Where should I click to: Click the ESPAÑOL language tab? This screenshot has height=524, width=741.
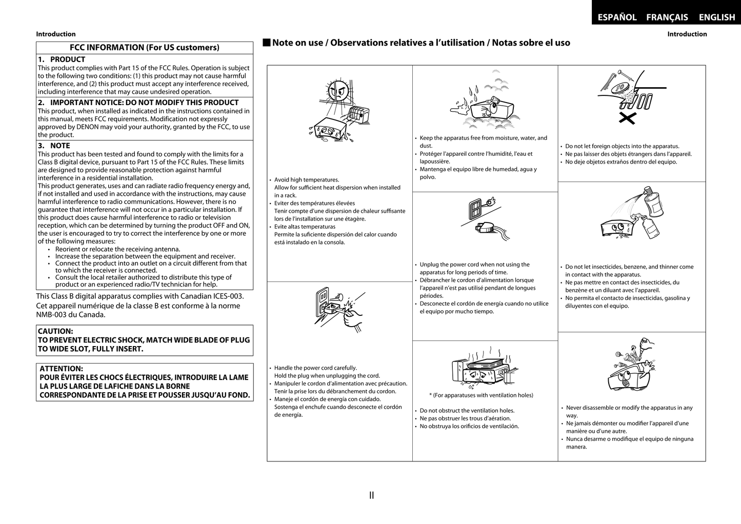[x=617, y=17]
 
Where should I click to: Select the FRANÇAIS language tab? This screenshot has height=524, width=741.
[x=667, y=17]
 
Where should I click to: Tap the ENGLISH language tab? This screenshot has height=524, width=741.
[x=716, y=17]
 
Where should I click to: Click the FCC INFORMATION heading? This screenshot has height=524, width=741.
[x=144, y=48]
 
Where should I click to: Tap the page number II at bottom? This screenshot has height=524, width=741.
[x=371, y=495]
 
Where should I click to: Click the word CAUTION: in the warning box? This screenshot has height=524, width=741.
[x=55, y=332]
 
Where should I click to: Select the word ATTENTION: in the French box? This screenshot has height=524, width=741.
[x=61, y=369]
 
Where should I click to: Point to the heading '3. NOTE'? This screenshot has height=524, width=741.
[x=54, y=146]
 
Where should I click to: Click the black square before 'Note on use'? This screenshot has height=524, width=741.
[x=266, y=43]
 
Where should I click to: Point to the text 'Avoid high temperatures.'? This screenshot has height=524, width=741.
[x=306, y=180]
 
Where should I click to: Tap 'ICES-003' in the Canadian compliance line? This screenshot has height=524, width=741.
[x=222, y=296]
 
